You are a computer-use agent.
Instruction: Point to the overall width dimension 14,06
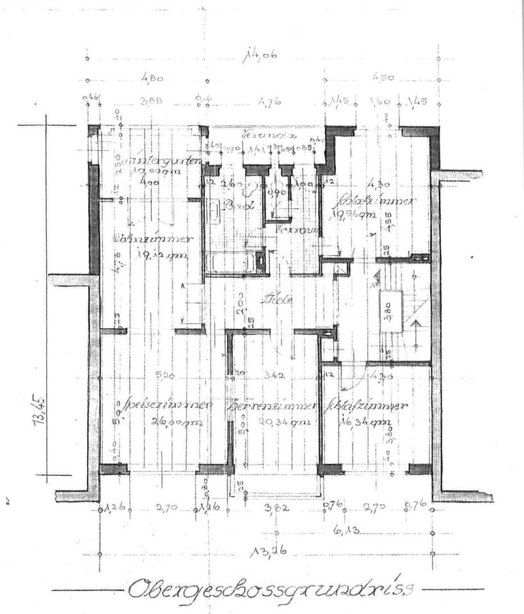coord(260,56)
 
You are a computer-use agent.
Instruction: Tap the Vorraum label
coord(292,228)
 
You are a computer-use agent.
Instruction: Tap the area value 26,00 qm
coord(170,421)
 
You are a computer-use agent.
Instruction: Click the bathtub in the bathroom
coord(230,262)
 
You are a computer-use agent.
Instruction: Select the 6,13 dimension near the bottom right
coord(349,530)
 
